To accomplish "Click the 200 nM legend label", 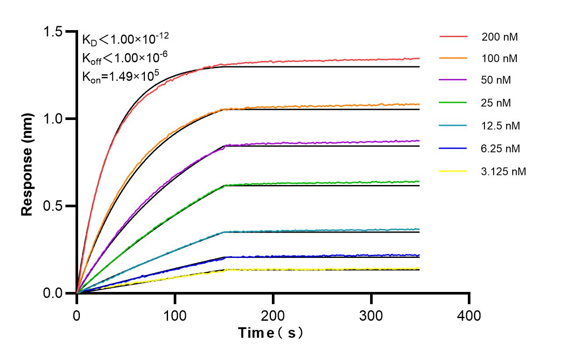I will tap(500, 37).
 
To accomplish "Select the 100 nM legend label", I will tap(500, 58).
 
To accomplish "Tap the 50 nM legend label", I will tap(496, 80).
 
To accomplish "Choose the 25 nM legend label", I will tap(496, 103).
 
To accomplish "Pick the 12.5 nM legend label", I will tap(501, 126).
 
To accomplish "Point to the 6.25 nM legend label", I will tap(501, 149).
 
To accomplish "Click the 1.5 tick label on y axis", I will tap(53, 32).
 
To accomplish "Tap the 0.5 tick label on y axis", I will tap(53, 206).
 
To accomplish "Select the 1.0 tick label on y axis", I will tap(53, 119).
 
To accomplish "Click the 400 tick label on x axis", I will tap(469, 315).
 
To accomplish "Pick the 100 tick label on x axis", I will tap(175, 315).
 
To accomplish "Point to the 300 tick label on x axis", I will tap(371, 315).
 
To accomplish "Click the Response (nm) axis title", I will tap(27, 164).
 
